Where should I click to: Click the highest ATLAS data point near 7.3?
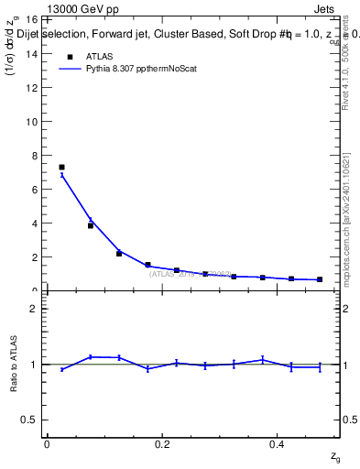[x=61, y=167]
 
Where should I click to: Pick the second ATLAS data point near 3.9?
[x=91, y=225]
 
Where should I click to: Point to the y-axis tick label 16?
[x=30, y=19]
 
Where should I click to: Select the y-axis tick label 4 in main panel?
[x=33, y=224]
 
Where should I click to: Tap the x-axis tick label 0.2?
[x=162, y=443]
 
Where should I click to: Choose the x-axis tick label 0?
[x=47, y=443]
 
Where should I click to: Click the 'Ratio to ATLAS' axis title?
[x=14, y=364]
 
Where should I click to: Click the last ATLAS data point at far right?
[x=320, y=279]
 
